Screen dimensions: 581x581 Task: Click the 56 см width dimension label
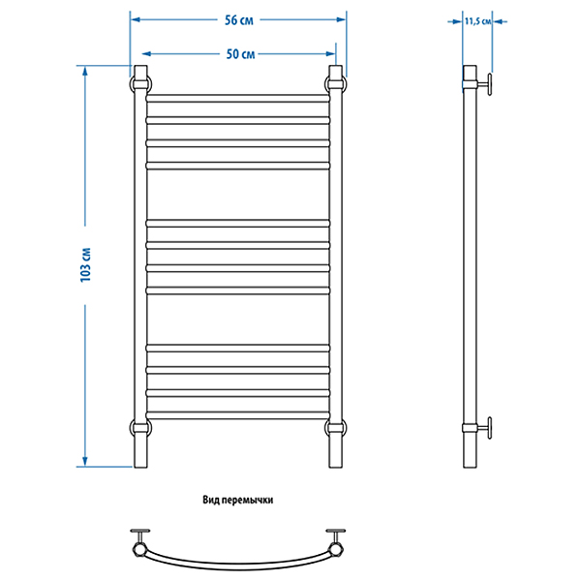[239, 20]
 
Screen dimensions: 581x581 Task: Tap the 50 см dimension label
[240, 54]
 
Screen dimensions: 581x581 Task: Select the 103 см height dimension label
[85, 264]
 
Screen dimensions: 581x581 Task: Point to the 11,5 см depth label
[478, 21]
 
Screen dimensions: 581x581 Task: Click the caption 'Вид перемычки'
[238, 500]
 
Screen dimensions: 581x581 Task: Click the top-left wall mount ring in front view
[140, 84]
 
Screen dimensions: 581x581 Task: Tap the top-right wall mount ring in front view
[336, 84]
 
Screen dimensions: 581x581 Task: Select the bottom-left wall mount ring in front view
[140, 428]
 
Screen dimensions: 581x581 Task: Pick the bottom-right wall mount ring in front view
[336, 428]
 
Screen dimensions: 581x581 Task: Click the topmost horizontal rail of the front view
[238, 98]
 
